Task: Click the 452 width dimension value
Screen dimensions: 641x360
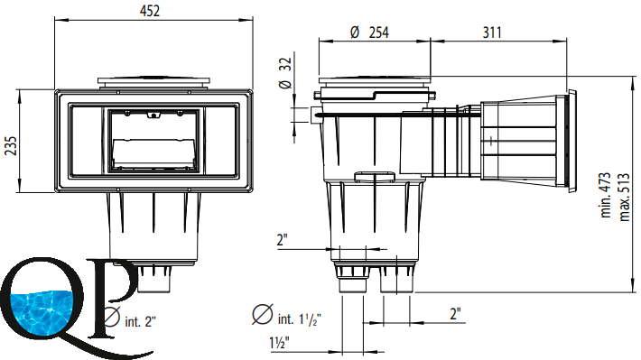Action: coord(150,11)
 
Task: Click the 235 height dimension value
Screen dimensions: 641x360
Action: coord(11,146)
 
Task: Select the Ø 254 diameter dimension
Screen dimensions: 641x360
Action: coord(369,32)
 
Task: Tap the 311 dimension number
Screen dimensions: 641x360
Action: coord(492,32)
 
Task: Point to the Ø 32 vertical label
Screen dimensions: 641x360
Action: coord(285,73)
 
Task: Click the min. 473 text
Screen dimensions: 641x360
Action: coord(606,195)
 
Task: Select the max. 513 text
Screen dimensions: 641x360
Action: coord(624,198)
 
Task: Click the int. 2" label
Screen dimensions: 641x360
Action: coord(140,321)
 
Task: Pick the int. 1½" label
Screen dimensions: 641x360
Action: coord(299,318)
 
